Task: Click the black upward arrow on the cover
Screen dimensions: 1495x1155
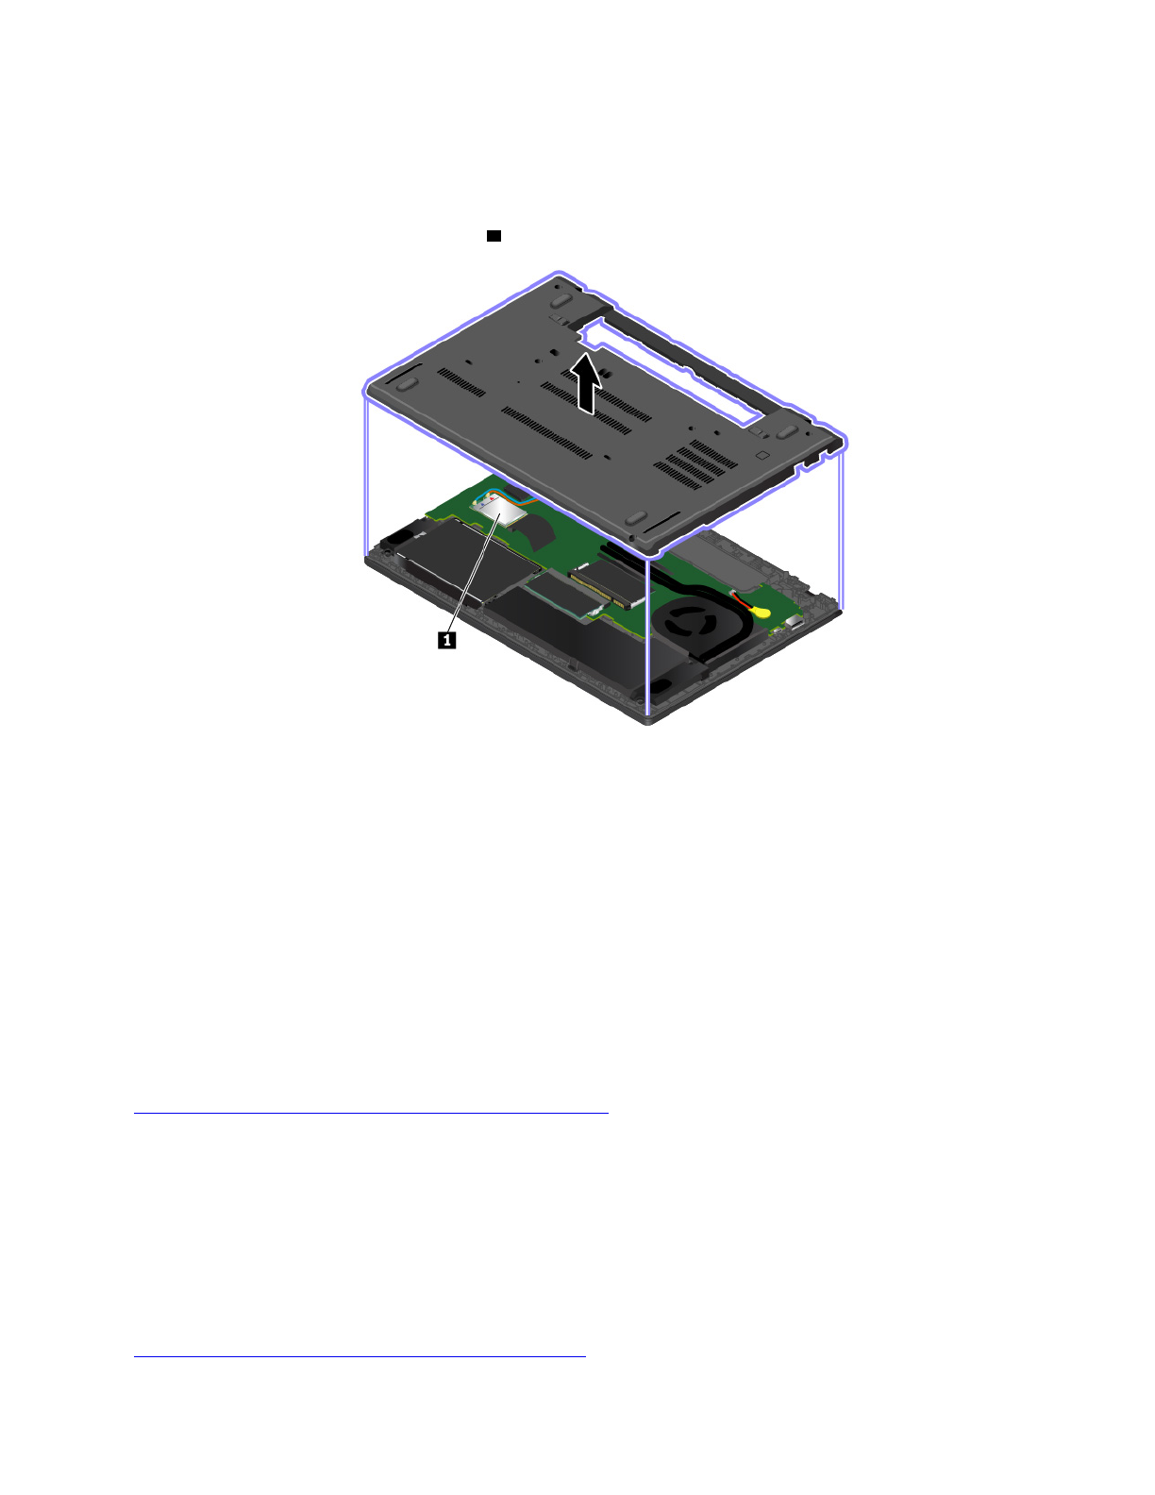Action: (587, 382)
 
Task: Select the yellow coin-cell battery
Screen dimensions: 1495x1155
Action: (759, 611)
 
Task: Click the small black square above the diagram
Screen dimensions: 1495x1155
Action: (494, 235)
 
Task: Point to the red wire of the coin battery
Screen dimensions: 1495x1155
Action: (742, 600)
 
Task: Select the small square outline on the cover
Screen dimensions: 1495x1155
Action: (762, 454)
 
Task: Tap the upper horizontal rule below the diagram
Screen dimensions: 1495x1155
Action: (371, 1114)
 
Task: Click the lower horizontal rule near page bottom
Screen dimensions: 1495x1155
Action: (360, 1357)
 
